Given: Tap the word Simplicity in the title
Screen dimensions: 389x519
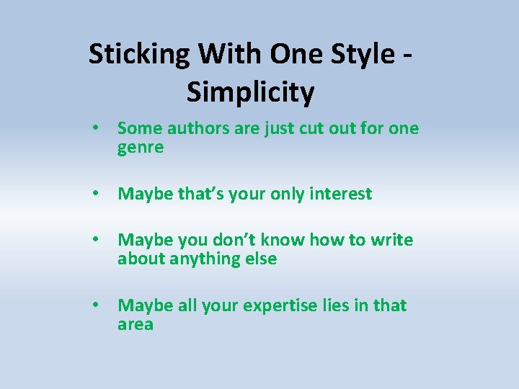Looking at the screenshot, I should tap(251, 92).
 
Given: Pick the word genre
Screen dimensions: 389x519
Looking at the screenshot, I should tap(141, 148).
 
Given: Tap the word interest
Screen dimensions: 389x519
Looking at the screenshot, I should tap(340, 194).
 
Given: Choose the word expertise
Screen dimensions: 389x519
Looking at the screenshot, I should tap(279, 306).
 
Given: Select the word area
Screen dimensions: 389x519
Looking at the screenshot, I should tap(136, 325).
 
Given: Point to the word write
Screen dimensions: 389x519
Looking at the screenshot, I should tap(392, 240).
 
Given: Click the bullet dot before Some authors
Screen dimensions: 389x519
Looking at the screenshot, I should tap(95, 129).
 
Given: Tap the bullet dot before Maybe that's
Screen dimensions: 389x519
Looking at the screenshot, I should tap(95, 194).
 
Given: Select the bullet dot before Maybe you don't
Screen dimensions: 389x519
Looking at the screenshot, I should tap(95, 240).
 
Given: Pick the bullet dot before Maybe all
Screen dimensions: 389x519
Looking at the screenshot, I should tap(95, 305).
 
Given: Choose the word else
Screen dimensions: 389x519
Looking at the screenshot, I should tap(259, 259).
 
